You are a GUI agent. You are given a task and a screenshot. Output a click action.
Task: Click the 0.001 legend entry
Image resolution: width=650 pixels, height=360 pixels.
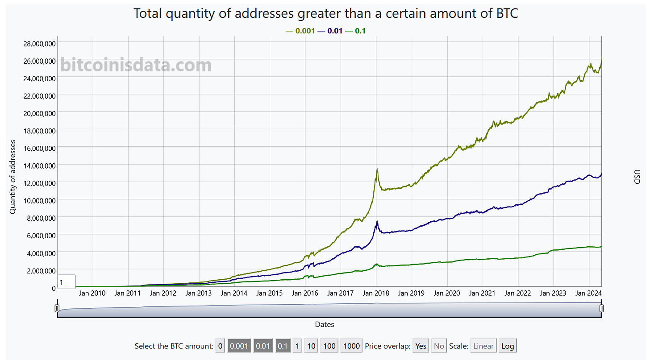[x=300, y=31]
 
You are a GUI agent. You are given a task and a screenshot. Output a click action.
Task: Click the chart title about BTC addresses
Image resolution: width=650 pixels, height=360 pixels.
[x=325, y=13]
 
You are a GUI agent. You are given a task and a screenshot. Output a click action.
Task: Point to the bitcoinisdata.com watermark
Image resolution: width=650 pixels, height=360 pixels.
[x=136, y=65]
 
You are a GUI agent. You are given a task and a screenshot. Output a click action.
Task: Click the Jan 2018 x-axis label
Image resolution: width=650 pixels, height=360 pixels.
[x=375, y=293]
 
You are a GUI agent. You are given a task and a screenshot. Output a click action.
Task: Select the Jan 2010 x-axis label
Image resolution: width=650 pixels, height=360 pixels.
[x=92, y=293]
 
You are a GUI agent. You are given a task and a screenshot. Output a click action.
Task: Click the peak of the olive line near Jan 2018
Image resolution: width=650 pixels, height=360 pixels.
[x=377, y=170]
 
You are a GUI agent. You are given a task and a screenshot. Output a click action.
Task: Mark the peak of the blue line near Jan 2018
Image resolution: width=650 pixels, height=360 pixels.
[x=377, y=222]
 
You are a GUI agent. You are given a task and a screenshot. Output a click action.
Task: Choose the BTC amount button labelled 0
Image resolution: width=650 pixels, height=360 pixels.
[x=220, y=346]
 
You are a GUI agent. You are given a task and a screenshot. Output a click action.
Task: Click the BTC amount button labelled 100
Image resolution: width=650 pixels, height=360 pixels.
[x=329, y=346]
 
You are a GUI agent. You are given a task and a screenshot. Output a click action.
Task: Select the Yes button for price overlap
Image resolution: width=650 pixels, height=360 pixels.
[x=421, y=346]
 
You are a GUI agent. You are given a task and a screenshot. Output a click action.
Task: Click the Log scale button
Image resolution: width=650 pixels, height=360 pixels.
[x=508, y=346]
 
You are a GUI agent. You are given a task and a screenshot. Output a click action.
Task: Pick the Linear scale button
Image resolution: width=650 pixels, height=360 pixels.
[x=483, y=346]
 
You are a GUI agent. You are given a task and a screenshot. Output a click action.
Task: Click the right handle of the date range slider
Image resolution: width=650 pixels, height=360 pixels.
[x=601, y=308]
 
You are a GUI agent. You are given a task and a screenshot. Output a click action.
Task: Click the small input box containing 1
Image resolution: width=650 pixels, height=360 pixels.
[x=67, y=282]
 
